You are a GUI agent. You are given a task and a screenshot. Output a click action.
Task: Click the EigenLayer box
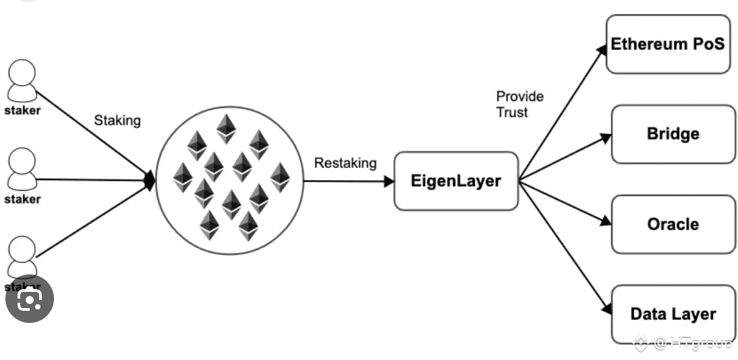point(456,181)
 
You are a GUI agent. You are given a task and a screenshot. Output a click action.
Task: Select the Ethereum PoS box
point(668,44)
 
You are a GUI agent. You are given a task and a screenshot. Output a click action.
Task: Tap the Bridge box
point(673,134)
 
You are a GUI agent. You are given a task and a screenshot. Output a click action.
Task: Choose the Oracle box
point(673,224)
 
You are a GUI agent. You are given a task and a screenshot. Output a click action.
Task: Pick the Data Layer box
point(673,313)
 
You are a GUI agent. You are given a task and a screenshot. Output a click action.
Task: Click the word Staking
point(117,121)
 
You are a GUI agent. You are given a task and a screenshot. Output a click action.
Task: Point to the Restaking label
point(345,163)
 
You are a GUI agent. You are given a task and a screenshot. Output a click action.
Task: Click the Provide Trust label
point(519,104)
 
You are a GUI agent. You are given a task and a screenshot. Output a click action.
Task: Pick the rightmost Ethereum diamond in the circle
point(279,177)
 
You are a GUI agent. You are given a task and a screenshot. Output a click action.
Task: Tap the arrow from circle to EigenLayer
point(347,181)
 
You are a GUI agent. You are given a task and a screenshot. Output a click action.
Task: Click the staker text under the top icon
point(23,111)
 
